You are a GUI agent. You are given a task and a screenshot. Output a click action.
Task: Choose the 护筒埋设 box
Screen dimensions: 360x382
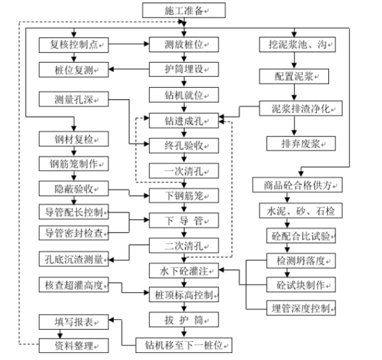pyautogui.click(x=184, y=69)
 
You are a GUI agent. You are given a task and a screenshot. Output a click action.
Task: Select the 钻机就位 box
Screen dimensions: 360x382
pyautogui.click(x=184, y=94)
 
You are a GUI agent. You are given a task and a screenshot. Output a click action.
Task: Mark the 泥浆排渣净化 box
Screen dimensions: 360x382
pyautogui.click(x=300, y=107)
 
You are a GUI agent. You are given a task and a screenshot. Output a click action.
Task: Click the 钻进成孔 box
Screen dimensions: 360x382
pyautogui.click(x=184, y=120)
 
